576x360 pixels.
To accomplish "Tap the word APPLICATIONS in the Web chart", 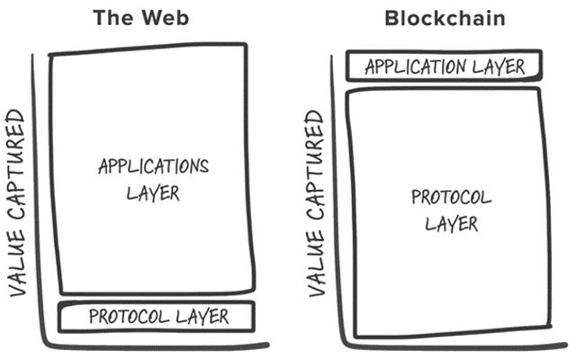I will [x=153, y=166].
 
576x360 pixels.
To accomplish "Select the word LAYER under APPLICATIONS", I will [x=154, y=192].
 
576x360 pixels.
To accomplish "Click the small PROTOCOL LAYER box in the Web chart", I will [x=157, y=317].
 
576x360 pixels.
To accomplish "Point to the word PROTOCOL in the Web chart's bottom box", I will [x=126, y=317].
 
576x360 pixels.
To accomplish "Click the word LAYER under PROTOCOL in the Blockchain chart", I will [x=451, y=222].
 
